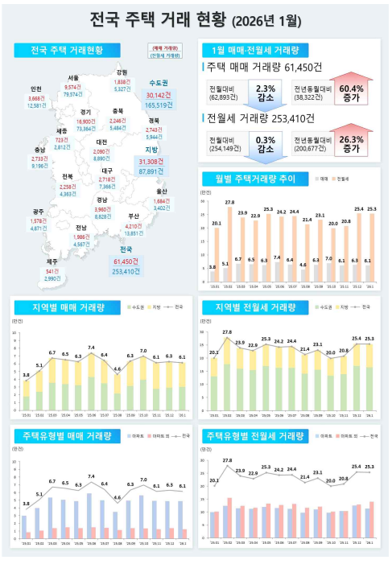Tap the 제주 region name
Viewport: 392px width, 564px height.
click(x=52, y=261)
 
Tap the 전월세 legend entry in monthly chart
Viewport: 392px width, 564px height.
click(x=342, y=179)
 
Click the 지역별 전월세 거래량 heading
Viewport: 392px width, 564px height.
click(x=257, y=307)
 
